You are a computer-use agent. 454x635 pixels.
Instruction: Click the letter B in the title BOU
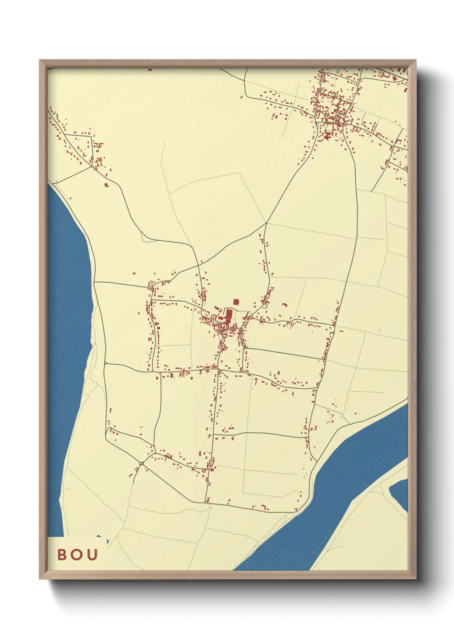[x=63, y=554]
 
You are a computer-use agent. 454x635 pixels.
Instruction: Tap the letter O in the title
[x=77, y=554]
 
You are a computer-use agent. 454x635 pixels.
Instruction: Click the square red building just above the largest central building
[x=236, y=302]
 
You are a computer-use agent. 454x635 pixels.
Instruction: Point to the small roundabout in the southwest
[x=142, y=463]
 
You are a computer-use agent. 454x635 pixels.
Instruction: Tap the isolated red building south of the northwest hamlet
[x=106, y=185]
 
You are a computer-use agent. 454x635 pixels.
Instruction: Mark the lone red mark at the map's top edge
[x=149, y=70]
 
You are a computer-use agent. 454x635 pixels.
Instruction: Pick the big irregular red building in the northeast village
[x=327, y=136]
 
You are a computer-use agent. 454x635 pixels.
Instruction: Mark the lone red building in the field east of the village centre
[x=285, y=305]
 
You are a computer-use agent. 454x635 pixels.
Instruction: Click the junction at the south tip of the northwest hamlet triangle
[x=92, y=167]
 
